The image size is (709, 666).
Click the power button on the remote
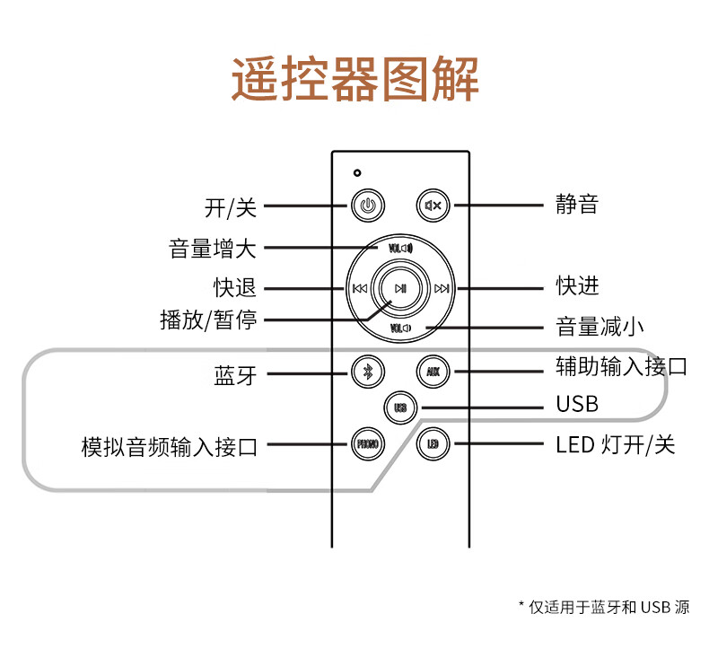click(x=368, y=206)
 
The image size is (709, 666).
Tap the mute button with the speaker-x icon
click(x=433, y=206)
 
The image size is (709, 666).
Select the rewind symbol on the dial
click(x=360, y=288)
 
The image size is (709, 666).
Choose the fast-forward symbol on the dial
click(x=442, y=288)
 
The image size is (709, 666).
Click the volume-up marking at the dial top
click(x=400, y=249)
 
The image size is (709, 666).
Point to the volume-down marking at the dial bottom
click(x=400, y=329)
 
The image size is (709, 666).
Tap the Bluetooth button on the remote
click(x=368, y=372)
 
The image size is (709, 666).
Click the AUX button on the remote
click(x=433, y=372)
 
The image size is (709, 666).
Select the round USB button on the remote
click(x=400, y=407)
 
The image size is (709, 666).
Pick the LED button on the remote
click(x=433, y=444)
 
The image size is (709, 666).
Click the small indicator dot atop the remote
click(x=357, y=172)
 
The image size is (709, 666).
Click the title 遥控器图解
click(x=355, y=79)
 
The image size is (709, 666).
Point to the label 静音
click(x=577, y=204)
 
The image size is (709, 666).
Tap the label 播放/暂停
click(x=208, y=320)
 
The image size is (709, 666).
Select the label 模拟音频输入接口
click(x=170, y=447)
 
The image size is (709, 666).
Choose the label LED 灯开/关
click(x=616, y=445)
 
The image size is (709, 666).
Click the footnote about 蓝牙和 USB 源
click(x=604, y=607)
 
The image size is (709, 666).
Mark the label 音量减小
click(x=600, y=327)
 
